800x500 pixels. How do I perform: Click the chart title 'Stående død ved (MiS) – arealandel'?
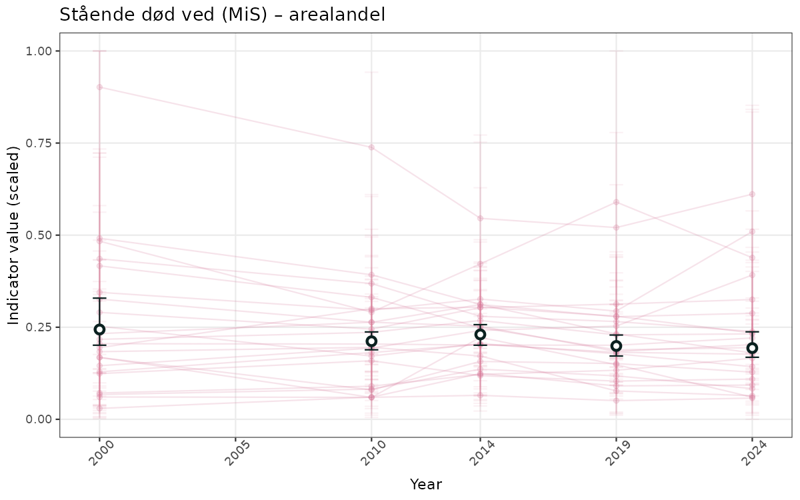[x=222, y=15]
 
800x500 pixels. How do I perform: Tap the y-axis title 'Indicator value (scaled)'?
[x=14, y=235]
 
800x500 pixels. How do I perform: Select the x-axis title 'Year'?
[x=425, y=484]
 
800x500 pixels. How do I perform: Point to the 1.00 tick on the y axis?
[x=39, y=51]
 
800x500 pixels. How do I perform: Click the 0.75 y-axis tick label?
[x=39, y=143]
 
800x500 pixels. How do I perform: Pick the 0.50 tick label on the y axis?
[x=39, y=235]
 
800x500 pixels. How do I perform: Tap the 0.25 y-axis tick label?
[x=39, y=327]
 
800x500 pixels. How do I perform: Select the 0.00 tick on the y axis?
[x=39, y=419]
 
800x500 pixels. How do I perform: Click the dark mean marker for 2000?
[x=100, y=329]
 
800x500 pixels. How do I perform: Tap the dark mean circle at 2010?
[x=371, y=341]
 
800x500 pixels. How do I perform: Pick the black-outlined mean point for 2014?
[x=480, y=334]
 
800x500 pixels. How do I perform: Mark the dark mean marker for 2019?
[x=616, y=345]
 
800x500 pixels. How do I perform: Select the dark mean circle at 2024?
[x=752, y=347]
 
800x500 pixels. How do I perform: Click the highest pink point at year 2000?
[x=100, y=87]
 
